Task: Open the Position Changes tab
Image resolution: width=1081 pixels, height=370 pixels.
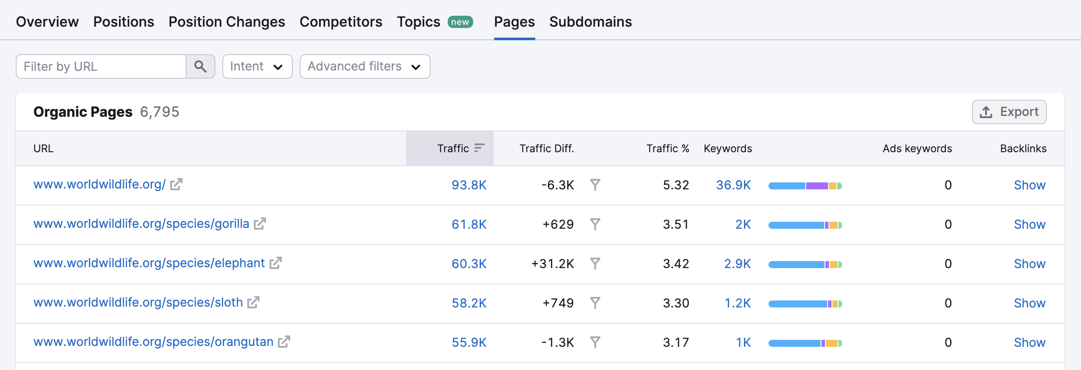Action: tap(227, 22)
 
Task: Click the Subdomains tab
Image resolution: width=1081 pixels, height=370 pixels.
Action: tap(590, 22)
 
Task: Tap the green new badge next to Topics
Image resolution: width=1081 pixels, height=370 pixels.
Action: tap(460, 22)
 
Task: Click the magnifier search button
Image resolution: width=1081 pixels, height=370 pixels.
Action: tap(200, 66)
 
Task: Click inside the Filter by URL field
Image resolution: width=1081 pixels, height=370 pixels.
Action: tap(101, 66)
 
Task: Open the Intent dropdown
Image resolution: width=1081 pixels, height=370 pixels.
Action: tap(257, 66)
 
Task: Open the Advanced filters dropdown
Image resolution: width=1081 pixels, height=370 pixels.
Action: tap(365, 66)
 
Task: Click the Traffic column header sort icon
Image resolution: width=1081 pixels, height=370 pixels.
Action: tap(480, 148)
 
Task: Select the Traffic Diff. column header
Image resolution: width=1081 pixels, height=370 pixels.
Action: tap(546, 149)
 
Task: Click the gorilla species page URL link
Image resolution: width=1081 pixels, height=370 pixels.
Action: tap(141, 224)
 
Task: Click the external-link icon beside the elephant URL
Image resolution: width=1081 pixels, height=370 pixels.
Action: tap(275, 263)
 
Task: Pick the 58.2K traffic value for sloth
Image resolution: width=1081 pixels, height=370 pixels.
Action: tap(469, 303)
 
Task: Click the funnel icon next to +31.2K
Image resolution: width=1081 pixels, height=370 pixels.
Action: tap(595, 263)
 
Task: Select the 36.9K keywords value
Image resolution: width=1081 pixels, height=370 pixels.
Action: tap(733, 185)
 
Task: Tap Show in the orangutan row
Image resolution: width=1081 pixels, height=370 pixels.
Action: tap(1029, 342)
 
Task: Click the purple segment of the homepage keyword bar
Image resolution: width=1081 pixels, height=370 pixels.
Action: tap(817, 186)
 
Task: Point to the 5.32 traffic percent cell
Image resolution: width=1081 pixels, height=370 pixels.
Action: tap(676, 185)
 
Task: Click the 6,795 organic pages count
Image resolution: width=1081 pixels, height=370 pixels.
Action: tap(159, 112)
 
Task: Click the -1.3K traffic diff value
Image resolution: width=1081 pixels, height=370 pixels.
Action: tap(557, 342)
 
